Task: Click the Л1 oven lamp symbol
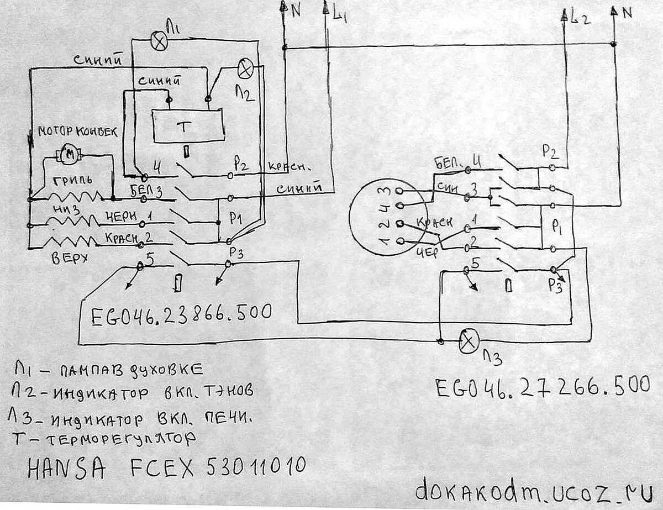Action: click(x=159, y=43)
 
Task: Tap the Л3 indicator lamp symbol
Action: click(x=469, y=342)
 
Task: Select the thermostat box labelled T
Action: click(x=188, y=127)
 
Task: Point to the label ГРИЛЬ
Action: click(x=72, y=181)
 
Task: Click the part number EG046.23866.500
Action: click(x=181, y=313)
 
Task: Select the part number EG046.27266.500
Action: click(x=542, y=386)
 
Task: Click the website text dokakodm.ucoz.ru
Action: click(x=534, y=488)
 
